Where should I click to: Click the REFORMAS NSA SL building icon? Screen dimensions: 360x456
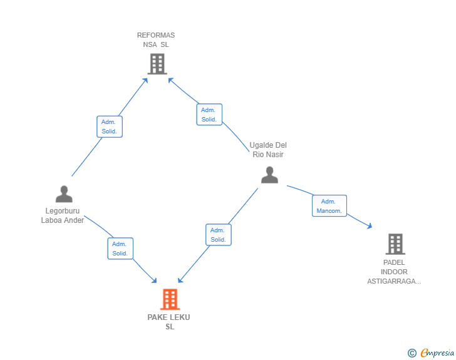(157, 64)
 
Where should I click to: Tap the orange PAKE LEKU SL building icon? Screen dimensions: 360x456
(170, 299)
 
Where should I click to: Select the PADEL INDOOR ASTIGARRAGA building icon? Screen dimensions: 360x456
(395, 244)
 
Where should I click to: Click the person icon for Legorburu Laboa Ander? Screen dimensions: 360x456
(63, 194)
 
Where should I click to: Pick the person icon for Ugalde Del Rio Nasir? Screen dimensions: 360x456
(269, 175)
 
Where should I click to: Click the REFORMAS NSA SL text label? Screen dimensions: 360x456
(156, 40)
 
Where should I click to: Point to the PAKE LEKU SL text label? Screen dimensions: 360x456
(169, 322)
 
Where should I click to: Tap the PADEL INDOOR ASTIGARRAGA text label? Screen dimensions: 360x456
(394, 272)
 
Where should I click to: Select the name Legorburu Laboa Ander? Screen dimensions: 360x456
(63, 215)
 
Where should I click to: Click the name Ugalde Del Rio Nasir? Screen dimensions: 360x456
(268, 150)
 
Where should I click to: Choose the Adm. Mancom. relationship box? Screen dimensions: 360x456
(329, 206)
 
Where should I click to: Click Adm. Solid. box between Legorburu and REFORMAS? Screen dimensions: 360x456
(110, 126)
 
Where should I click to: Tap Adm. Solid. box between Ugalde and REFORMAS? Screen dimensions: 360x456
(209, 115)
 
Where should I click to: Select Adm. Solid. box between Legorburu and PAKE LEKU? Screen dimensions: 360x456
(120, 249)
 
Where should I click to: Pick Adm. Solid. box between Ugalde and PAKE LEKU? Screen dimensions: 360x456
(218, 235)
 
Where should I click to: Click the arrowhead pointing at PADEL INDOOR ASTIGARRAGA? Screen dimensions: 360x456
(370, 227)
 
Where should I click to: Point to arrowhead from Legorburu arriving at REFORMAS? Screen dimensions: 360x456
(145, 80)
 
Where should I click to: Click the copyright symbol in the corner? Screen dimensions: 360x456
(412, 353)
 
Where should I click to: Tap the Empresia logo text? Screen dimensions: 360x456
(437, 353)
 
